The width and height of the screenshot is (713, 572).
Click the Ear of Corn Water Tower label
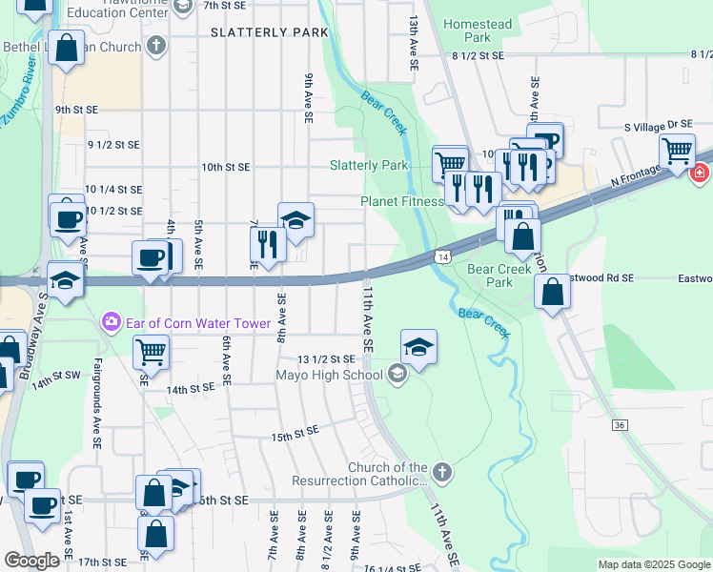click(x=196, y=323)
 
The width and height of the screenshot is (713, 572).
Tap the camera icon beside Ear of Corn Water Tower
click(x=112, y=323)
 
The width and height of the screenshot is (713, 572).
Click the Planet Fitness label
click(x=401, y=201)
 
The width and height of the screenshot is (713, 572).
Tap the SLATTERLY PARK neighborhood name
click(x=270, y=32)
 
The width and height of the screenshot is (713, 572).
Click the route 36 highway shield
click(x=620, y=425)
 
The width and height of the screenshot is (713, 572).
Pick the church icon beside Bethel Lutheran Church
click(x=156, y=46)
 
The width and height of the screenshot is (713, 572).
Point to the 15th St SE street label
click(x=295, y=437)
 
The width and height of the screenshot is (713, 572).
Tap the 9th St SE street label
click(x=76, y=110)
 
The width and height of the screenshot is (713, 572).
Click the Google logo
click(x=32, y=561)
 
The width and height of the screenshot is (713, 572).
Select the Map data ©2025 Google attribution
click(x=653, y=564)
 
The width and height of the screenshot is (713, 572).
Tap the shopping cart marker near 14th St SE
click(x=152, y=351)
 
